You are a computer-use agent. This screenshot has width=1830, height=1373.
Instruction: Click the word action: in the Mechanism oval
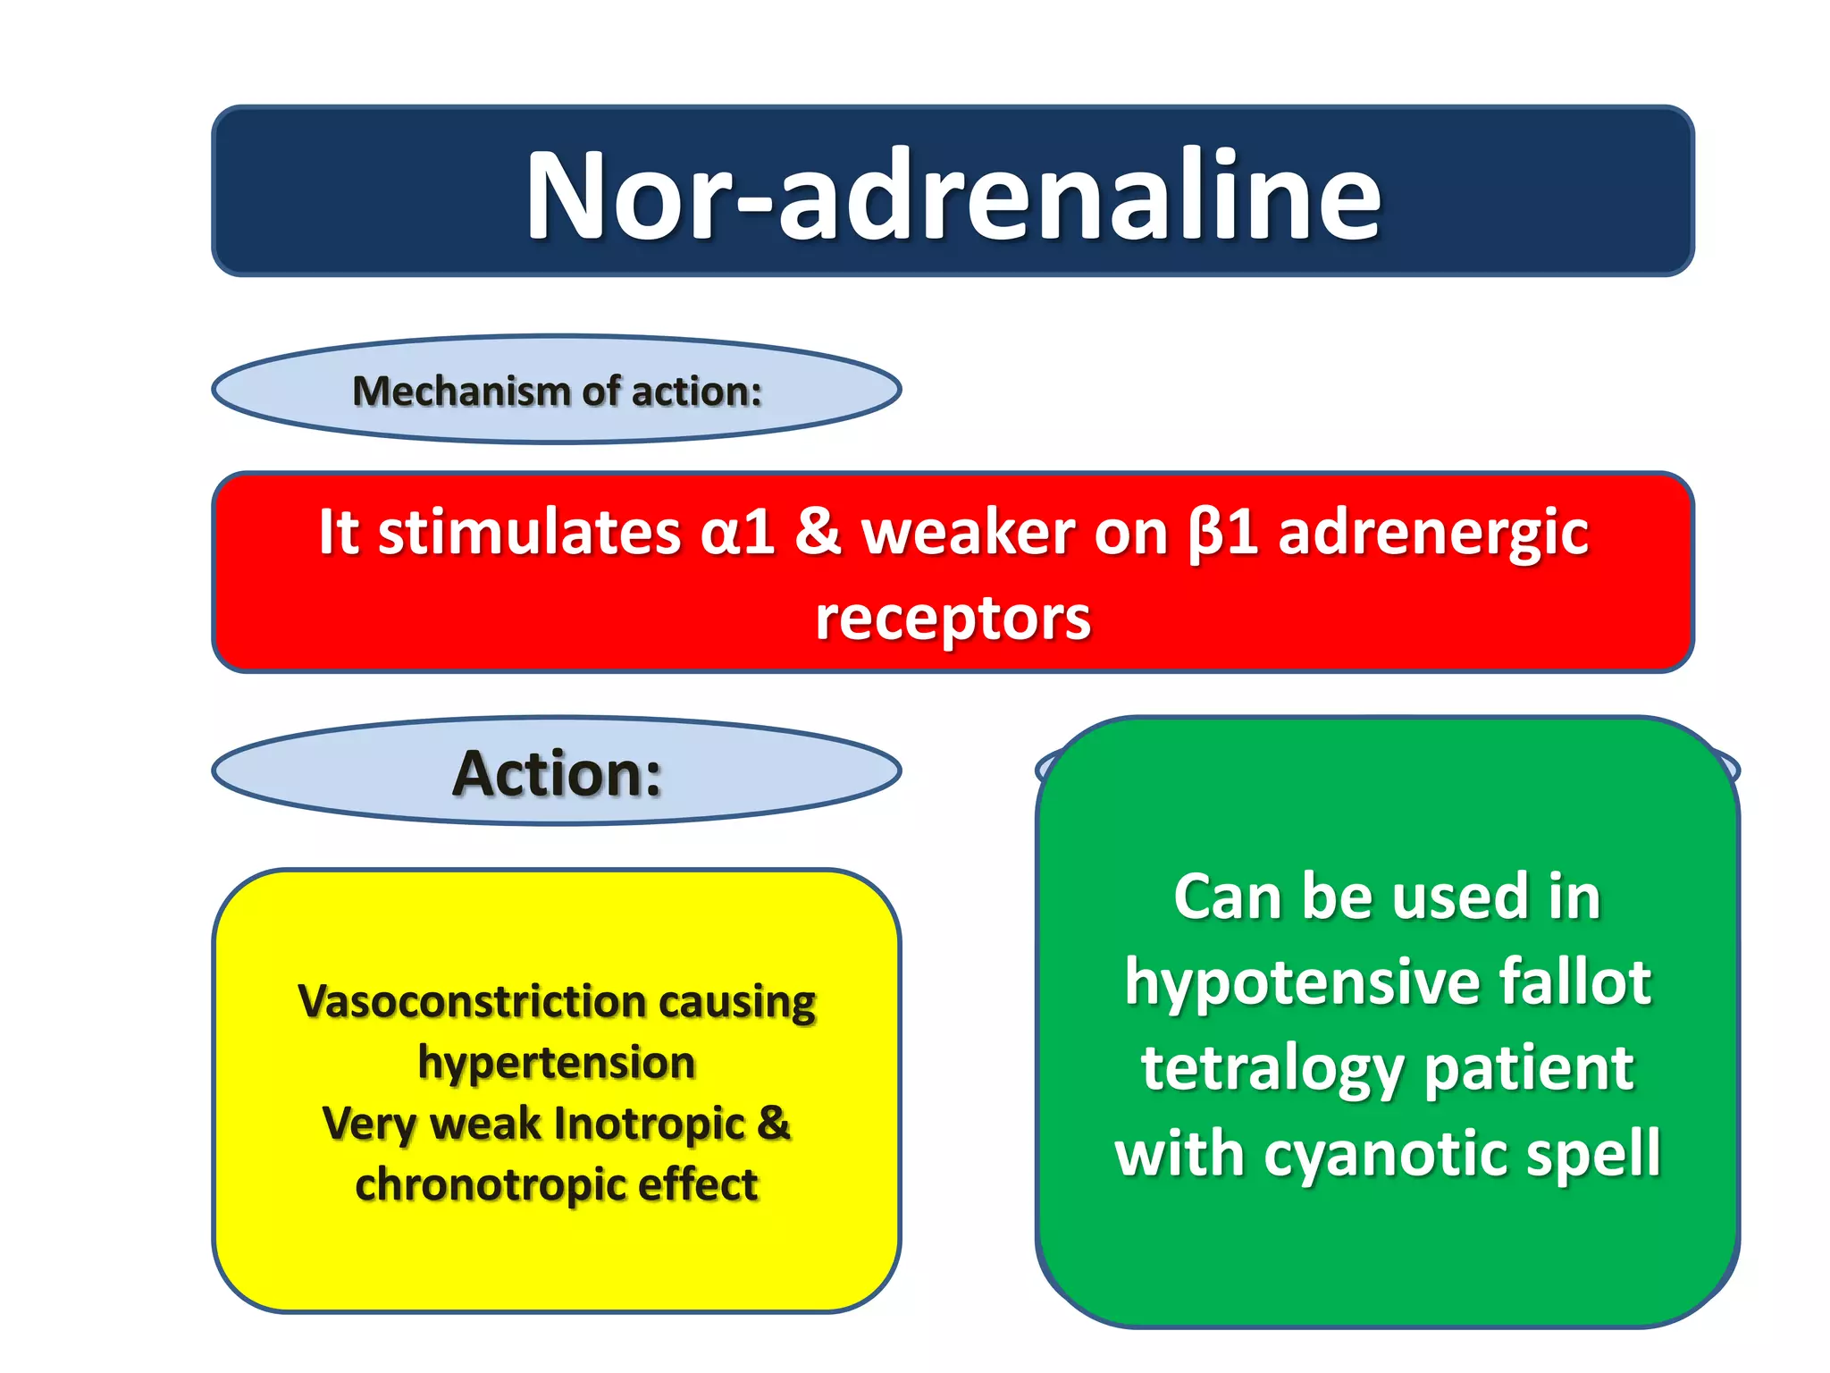click(x=697, y=392)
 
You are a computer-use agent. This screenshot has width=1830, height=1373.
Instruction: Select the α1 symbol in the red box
click(x=737, y=533)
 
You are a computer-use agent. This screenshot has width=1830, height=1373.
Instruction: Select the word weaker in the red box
click(x=967, y=533)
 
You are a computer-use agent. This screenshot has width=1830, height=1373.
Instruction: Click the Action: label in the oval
click(x=557, y=773)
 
